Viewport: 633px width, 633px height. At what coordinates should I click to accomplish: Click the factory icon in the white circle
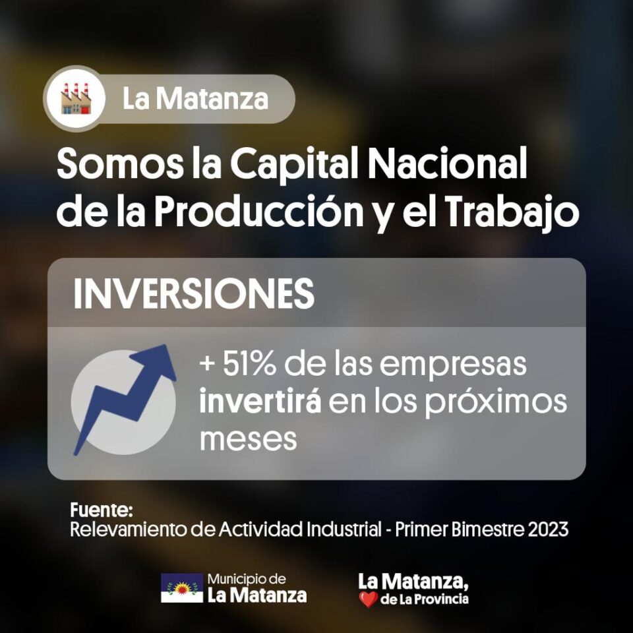[x=76, y=98]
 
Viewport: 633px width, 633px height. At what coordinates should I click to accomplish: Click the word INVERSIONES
[x=194, y=293]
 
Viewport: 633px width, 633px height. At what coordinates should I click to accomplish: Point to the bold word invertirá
[x=260, y=402]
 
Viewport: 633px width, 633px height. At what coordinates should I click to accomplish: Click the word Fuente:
[x=102, y=510]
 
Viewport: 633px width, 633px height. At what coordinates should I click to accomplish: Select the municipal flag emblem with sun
[x=182, y=588]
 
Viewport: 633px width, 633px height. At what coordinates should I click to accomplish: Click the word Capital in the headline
[x=295, y=164]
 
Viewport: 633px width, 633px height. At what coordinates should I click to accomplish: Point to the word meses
[x=249, y=439]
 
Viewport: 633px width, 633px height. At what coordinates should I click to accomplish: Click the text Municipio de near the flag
[x=247, y=580]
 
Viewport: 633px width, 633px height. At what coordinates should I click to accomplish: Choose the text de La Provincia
[x=425, y=599]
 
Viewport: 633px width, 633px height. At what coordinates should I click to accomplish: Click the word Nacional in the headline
[x=447, y=164]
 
